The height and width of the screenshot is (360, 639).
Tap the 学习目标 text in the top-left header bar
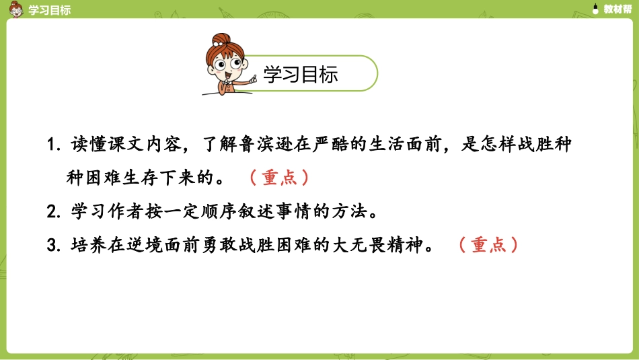49,9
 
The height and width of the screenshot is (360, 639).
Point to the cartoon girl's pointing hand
254,81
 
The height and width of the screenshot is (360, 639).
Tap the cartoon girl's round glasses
231,66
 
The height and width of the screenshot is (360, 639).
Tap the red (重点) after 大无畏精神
488,245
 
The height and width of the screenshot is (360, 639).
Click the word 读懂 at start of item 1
87,145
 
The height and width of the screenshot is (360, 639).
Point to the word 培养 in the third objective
87,245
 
